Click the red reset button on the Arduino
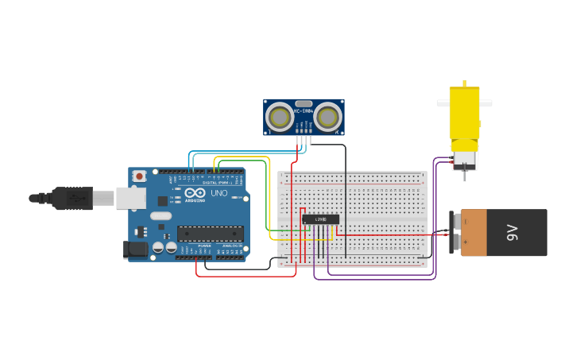click(140, 176)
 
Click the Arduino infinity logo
click(195, 193)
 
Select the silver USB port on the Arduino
click(130, 198)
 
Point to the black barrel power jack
click(136, 250)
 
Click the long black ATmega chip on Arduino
click(210, 234)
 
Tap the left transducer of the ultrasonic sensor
click(279, 117)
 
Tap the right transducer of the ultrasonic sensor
click(327, 117)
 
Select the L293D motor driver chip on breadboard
click(320, 219)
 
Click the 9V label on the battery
click(512, 233)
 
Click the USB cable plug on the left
click(72, 198)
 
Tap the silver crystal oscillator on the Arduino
click(160, 215)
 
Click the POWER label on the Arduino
click(205, 246)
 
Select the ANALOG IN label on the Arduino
click(233, 246)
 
